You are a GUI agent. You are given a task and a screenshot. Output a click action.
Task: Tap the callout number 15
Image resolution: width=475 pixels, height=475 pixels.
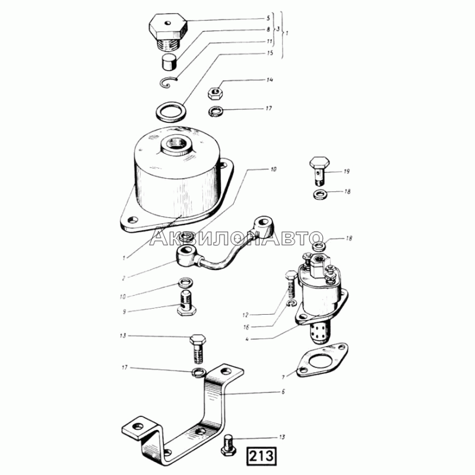(270, 53)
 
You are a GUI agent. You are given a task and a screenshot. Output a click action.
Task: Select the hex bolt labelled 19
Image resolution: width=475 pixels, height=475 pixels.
(319, 171)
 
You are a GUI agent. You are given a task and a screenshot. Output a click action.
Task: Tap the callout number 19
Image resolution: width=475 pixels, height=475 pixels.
(347, 172)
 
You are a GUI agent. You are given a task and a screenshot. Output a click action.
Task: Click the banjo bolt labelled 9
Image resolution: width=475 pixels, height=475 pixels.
(186, 303)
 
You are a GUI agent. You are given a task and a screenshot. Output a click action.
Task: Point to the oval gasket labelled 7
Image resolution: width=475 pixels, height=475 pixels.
(322, 360)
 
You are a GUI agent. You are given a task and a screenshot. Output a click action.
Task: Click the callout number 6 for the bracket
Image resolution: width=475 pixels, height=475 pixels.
(283, 392)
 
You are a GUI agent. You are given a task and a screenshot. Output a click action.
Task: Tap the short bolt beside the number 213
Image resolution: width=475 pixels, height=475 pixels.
(230, 445)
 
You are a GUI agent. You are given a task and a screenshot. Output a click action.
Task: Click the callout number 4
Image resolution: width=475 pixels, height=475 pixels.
(247, 339)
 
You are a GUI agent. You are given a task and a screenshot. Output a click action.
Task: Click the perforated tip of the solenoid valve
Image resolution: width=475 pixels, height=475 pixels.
(321, 333)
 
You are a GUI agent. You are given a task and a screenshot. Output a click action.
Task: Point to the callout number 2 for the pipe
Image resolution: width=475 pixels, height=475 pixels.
(124, 278)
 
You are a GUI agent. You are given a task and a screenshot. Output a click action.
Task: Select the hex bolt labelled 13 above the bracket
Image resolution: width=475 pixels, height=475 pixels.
(198, 349)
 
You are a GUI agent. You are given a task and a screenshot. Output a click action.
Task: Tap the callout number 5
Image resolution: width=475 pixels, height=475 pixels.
(268, 18)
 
